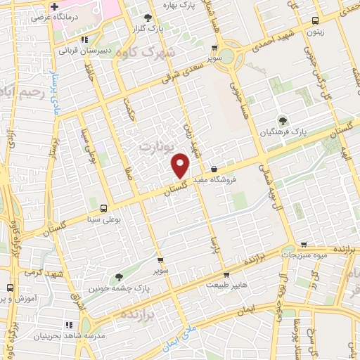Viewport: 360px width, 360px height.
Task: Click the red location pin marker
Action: pyautogui.click(x=181, y=165)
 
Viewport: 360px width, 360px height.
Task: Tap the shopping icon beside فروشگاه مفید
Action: pyautogui.click(x=214, y=169)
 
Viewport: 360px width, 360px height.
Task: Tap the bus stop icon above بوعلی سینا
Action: pyautogui.click(x=104, y=208)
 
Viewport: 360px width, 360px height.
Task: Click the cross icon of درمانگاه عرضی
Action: pyautogui.click(x=54, y=6)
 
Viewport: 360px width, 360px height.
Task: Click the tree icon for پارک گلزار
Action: pyautogui.click(x=147, y=18)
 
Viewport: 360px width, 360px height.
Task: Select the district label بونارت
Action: pyautogui.click(x=154, y=147)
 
